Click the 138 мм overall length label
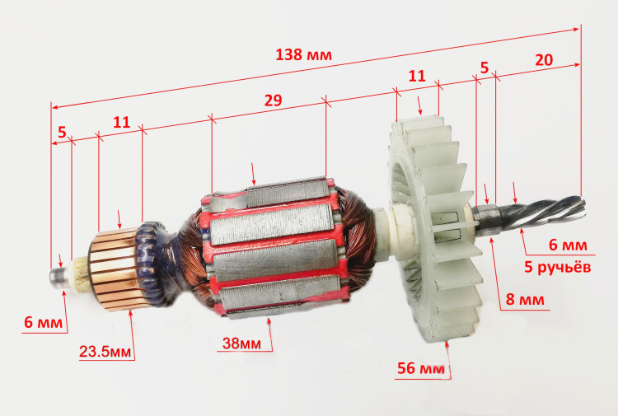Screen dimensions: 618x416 (x=303, y=54)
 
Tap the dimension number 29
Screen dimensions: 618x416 (x=273, y=100)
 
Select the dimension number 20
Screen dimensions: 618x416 (x=544, y=60)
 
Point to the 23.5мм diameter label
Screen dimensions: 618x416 (x=105, y=352)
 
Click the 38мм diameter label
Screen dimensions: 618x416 (x=241, y=344)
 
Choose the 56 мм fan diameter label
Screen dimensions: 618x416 (x=421, y=368)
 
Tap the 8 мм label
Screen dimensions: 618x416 (x=525, y=299)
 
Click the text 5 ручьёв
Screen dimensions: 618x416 (x=557, y=267)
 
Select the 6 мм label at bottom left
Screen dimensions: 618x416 (x=44, y=322)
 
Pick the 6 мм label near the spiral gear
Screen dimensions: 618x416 (x=568, y=245)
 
